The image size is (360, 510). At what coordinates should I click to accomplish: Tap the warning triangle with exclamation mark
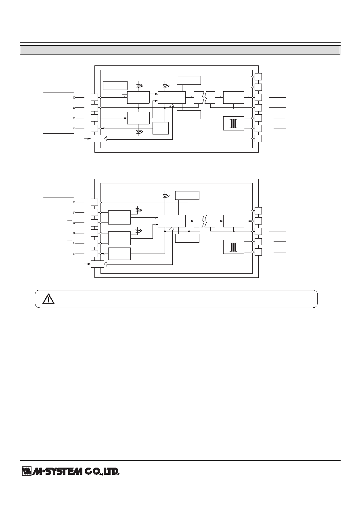pos(48,299)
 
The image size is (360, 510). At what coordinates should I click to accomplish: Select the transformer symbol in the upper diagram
pos(234,124)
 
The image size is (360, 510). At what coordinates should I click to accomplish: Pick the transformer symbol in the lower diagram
pos(234,247)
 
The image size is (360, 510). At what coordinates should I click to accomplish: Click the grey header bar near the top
pos(180,50)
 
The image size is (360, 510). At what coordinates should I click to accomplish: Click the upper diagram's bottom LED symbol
pos(139,132)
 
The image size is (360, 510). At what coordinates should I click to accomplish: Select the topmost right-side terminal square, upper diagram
pos(258,77)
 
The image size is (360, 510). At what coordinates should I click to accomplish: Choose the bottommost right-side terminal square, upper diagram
pos(258,139)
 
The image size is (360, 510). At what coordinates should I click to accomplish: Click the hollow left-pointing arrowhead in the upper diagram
pos(105,139)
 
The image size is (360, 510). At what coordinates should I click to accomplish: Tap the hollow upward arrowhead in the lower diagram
pos(172,229)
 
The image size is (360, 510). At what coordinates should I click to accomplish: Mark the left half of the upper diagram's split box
pos(199,97)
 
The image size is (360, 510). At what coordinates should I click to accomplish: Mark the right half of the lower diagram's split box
pos(210,221)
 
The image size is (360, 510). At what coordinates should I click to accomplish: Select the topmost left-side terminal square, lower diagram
pos(94,202)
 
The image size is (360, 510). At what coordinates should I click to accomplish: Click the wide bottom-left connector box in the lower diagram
pos(97,264)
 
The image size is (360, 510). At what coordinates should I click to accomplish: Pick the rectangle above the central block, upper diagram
pos(189,80)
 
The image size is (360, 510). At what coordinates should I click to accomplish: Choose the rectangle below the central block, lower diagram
pos(187,238)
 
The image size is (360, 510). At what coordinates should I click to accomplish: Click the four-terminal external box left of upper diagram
pos(59,113)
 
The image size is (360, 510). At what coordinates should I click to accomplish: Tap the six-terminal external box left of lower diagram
pos(59,228)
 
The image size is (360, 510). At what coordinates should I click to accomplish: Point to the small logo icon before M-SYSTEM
pos(27,471)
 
